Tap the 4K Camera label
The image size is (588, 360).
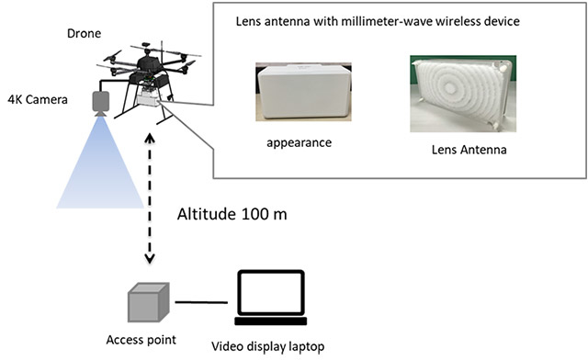[38, 99]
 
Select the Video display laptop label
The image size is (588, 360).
[267, 346]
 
